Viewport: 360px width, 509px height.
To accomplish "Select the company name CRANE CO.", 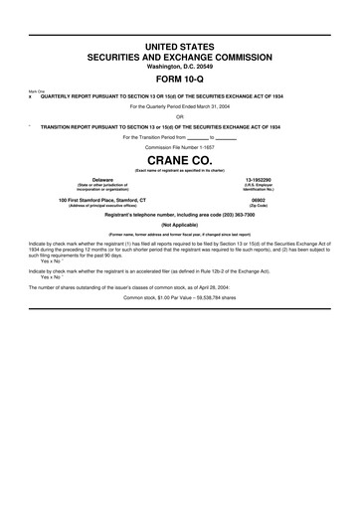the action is (x=180, y=159).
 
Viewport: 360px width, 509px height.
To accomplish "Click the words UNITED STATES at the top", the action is (x=180, y=48).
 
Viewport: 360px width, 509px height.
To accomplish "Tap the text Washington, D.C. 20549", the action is (x=180, y=69).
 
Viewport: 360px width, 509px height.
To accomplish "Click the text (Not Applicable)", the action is (x=180, y=225).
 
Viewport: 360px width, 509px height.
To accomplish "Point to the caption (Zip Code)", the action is (x=258, y=206).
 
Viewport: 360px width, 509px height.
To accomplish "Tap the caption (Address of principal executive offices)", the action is (x=102, y=206).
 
